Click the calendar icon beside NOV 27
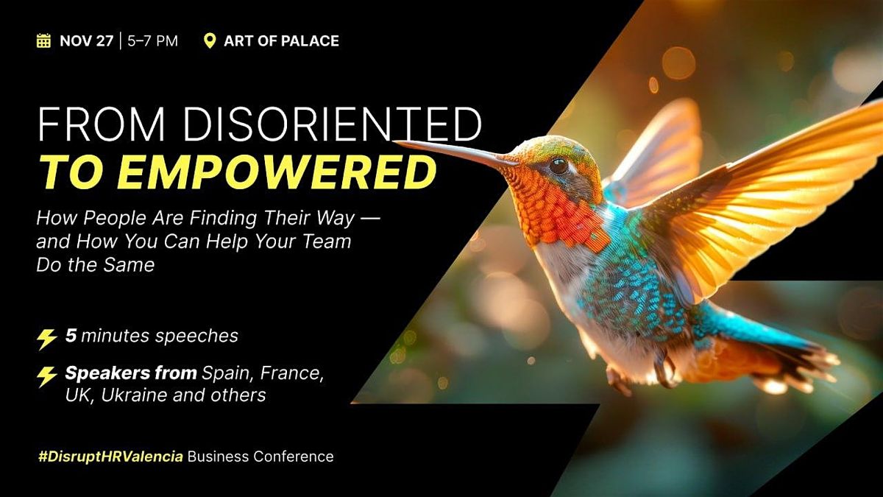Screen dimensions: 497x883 (43, 40)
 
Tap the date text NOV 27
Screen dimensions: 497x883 (86, 40)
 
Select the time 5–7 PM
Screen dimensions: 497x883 (152, 40)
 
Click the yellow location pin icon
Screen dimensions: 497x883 (210, 40)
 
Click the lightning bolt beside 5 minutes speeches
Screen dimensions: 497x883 (47, 339)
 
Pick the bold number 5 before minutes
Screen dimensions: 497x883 (71, 336)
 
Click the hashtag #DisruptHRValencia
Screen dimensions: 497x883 (110, 457)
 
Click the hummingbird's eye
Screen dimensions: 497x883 (559, 165)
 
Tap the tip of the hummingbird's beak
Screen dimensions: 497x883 (398, 142)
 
